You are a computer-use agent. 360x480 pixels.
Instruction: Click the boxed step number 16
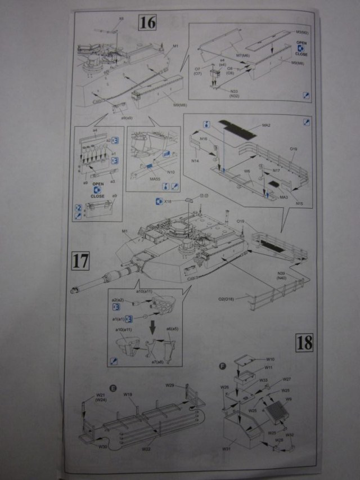pyautogui.click(x=147, y=23)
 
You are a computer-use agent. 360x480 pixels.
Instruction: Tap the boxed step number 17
pyautogui.click(x=80, y=261)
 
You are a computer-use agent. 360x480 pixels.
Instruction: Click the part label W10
pyautogui.click(x=270, y=359)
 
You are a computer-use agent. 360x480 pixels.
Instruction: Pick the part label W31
pyautogui.click(x=227, y=448)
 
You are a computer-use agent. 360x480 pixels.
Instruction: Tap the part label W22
pyautogui.click(x=146, y=448)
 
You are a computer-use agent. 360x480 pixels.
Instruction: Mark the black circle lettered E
pyautogui.click(x=113, y=387)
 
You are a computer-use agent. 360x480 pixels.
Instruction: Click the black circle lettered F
pyautogui.click(x=223, y=367)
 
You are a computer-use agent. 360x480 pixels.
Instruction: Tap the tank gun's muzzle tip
pyautogui.click(x=73, y=290)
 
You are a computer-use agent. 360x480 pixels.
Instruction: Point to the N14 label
pyautogui.click(x=194, y=161)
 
